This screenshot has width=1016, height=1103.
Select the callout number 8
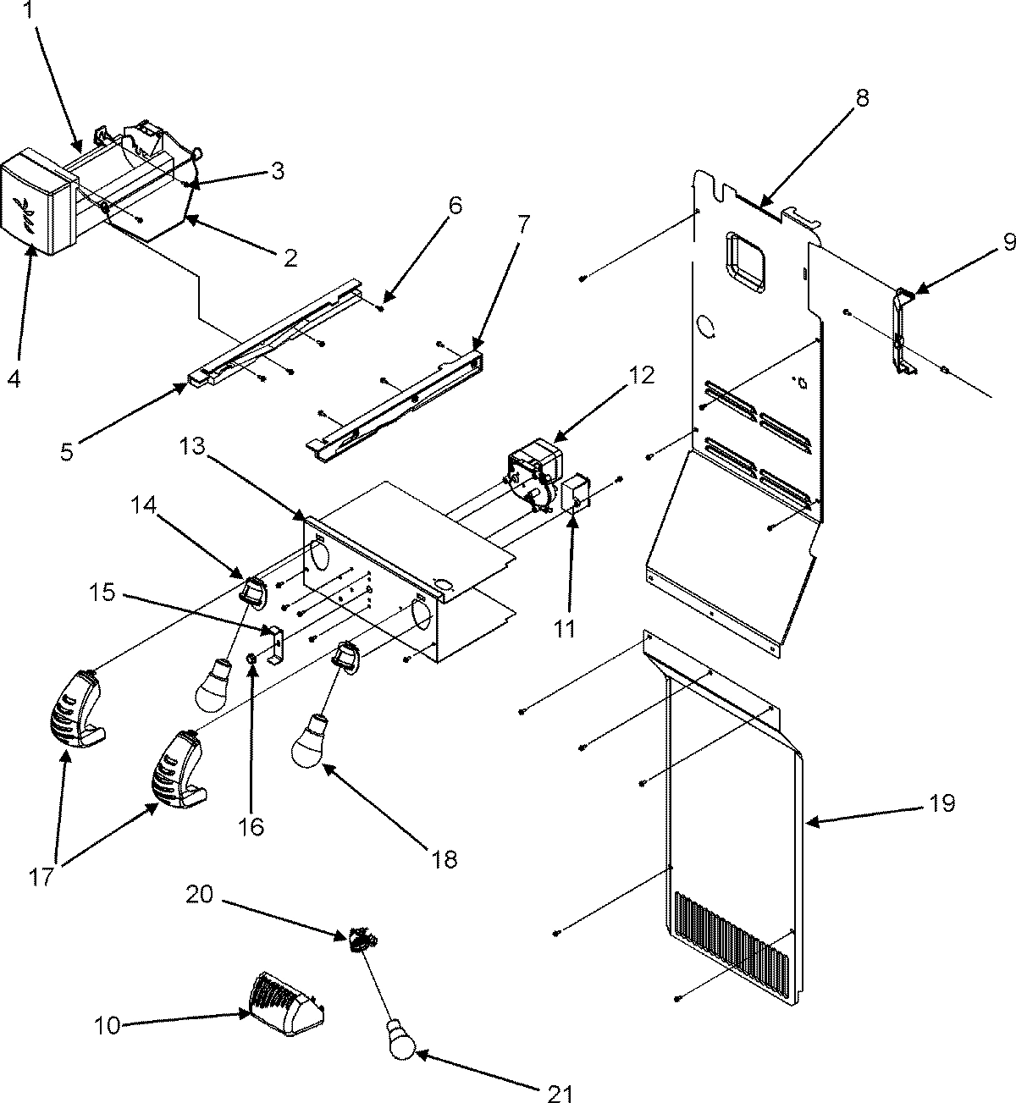(x=861, y=98)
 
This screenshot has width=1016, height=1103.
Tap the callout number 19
(x=942, y=802)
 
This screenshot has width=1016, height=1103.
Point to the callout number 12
(x=642, y=375)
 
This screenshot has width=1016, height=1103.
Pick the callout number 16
(x=251, y=825)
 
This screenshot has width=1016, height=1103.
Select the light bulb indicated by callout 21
(x=401, y=1040)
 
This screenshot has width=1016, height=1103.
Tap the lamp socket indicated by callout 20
(x=361, y=939)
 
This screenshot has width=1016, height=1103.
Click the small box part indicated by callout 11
(x=576, y=496)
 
